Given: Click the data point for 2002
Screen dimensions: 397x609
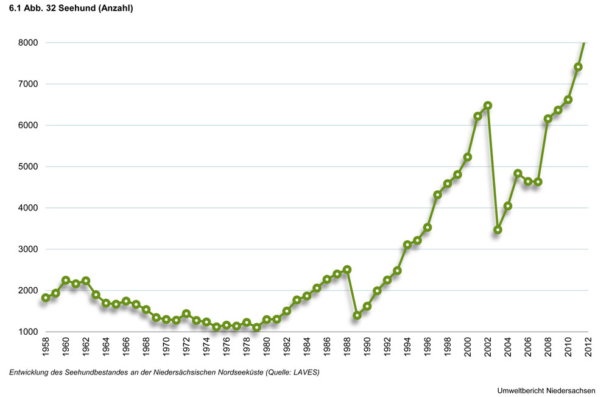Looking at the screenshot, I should pyautogui.click(x=488, y=106).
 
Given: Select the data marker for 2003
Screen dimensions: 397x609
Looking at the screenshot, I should pyautogui.click(x=498, y=230).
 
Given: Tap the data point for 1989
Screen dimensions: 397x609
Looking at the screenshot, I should pyautogui.click(x=357, y=315).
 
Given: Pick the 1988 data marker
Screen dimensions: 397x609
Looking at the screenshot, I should pyautogui.click(x=347, y=270).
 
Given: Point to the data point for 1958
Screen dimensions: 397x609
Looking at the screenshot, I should pyautogui.click(x=46, y=298).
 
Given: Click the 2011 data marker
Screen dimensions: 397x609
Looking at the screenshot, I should pyautogui.click(x=578, y=67).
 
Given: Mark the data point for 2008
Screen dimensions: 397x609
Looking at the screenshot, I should pyautogui.click(x=548, y=118).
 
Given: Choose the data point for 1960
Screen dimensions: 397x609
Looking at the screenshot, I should pyautogui.click(x=66, y=281).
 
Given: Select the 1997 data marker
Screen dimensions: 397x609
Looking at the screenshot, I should pyautogui.click(x=437, y=195).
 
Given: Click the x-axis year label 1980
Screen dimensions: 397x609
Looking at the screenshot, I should pyautogui.click(x=266, y=349).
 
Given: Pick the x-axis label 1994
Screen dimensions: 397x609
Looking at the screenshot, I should pyautogui.click(x=407, y=349).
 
